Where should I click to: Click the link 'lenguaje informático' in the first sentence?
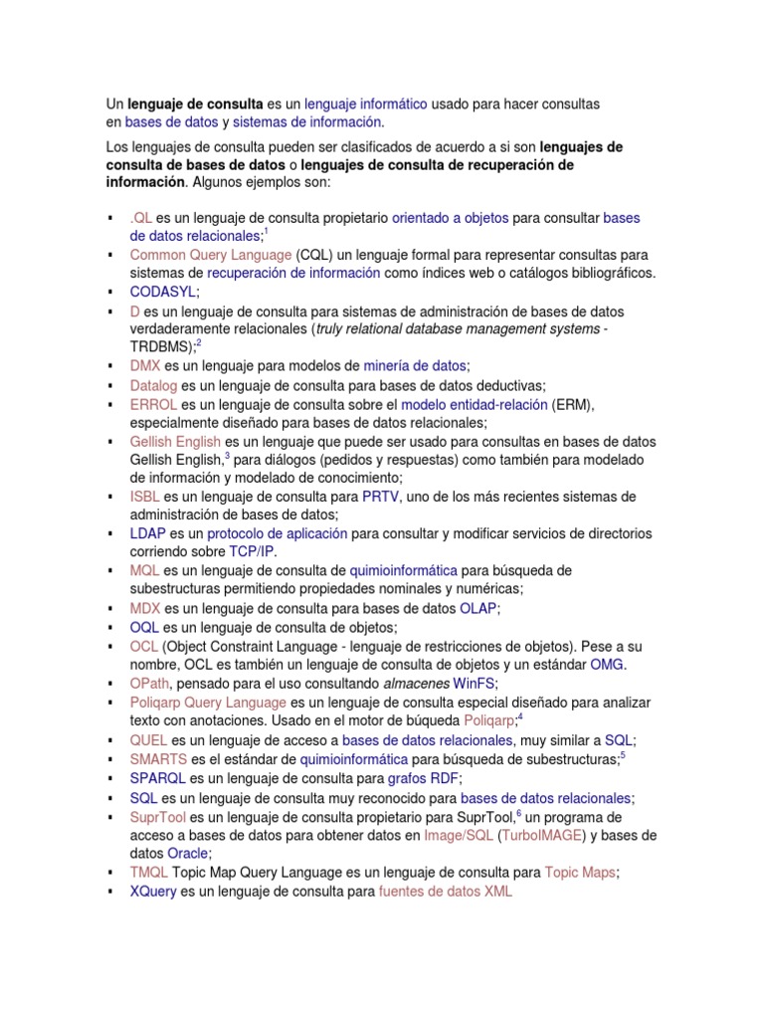[x=365, y=103]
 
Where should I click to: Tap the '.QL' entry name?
[x=140, y=217]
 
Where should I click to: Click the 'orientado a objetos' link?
[x=451, y=217]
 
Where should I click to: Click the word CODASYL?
[x=163, y=292]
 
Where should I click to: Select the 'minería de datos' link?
[x=408, y=366]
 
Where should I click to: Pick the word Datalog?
[x=154, y=385]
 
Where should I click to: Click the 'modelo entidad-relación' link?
[x=475, y=404]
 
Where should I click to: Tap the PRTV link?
[x=380, y=497]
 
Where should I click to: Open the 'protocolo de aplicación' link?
[x=278, y=533]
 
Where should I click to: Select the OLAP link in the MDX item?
[x=477, y=608]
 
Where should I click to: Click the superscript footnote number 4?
[x=520, y=716]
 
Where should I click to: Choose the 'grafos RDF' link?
[x=424, y=778]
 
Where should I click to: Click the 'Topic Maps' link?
[x=580, y=872]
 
